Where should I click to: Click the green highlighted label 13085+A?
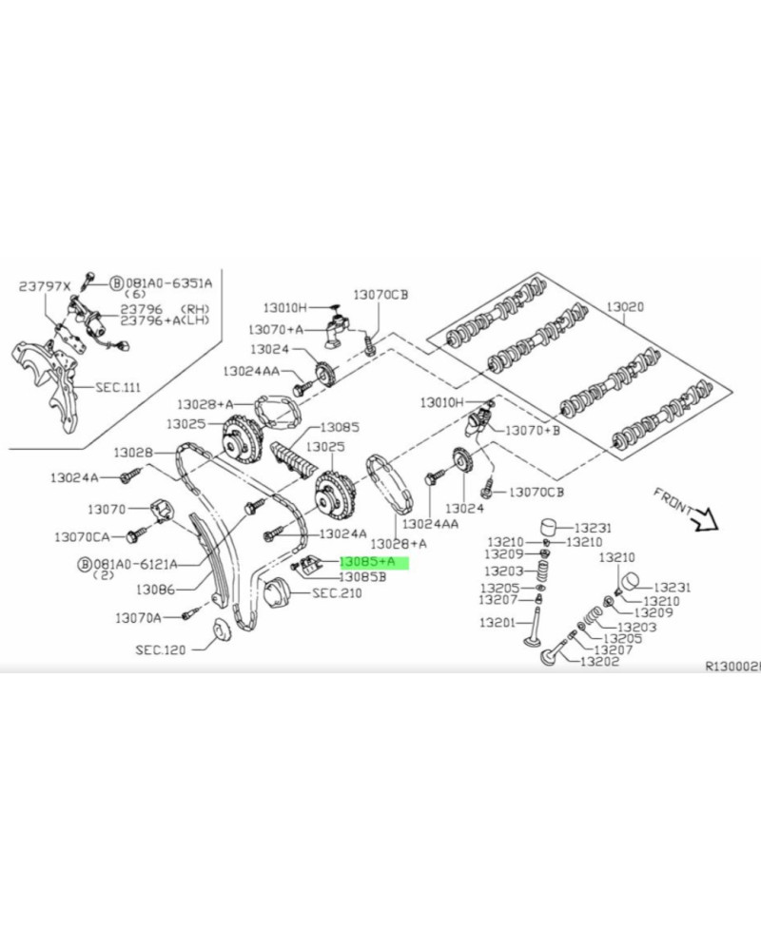366,563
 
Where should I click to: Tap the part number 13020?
625,307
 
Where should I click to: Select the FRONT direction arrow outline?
706,518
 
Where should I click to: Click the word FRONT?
674,500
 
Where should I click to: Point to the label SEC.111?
118,388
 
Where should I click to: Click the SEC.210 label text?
338,592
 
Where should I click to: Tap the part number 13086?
155,590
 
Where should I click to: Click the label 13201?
496,624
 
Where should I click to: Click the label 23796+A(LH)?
164,321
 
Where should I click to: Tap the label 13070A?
139,618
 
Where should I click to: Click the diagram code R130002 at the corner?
732,668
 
